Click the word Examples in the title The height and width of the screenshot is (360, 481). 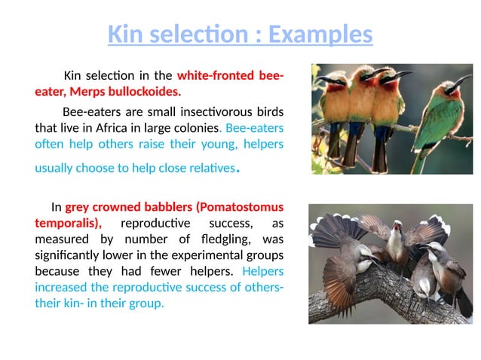tap(320, 35)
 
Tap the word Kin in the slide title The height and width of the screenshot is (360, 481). tap(124, 35)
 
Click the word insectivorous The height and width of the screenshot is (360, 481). tap(198, 111)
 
